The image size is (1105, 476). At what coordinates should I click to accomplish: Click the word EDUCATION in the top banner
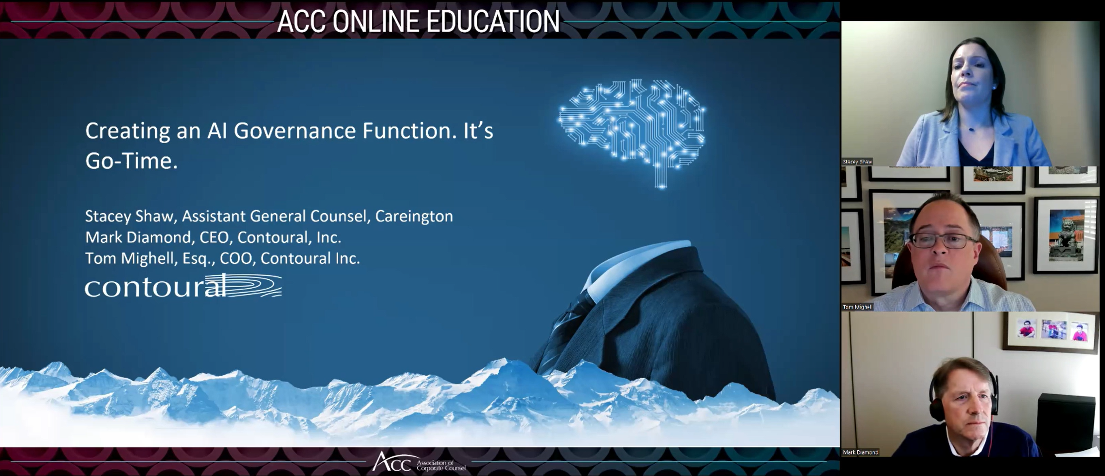(x=493, y=21)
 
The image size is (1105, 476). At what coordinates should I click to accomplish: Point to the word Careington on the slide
(x=414, y=216)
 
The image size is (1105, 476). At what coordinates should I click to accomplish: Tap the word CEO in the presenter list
(x=215, y=238)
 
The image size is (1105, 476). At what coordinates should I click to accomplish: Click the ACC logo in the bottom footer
(x=419, y=461)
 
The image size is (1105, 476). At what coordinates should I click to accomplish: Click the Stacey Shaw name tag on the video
(x=857, y=161)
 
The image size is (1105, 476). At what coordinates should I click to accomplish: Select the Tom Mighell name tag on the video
(x=858, y=307)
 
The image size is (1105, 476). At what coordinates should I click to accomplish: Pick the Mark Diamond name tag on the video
(x=860, y=452)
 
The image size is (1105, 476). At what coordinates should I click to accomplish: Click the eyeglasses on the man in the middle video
(x=942, y=240)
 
